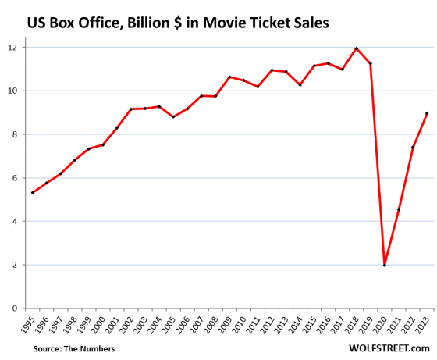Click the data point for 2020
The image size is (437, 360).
pos(385,266)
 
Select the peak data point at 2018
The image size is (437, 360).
pos(357,48)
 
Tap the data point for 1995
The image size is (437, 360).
pos(33,193)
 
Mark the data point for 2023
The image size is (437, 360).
pos(427,113)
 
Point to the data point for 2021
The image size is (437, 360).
pos(399,209)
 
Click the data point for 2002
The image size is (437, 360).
pos(131,109)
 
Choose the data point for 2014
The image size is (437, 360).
pos(300,84)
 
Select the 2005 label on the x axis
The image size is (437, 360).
pos(172,323)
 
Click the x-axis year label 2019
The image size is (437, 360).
pos(369,323)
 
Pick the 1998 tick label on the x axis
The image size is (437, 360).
pos(73,323)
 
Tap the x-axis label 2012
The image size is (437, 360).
pos(270,323)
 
